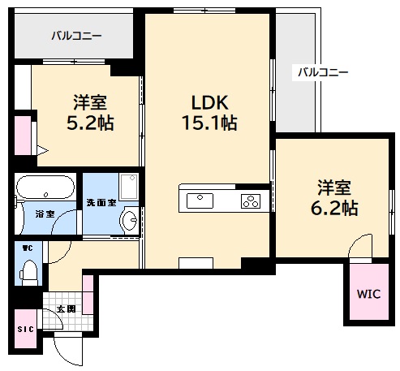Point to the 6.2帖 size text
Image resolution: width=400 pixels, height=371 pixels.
tap(333, 207)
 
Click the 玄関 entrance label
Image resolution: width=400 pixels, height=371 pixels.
tap(66, 308)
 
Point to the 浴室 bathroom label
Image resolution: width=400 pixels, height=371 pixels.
tap(45, 214)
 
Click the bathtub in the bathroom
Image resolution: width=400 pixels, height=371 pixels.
tap(45, 188)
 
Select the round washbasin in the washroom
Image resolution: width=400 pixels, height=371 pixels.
tap(127, 220)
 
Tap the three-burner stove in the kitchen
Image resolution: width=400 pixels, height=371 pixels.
tap(248, 199)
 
